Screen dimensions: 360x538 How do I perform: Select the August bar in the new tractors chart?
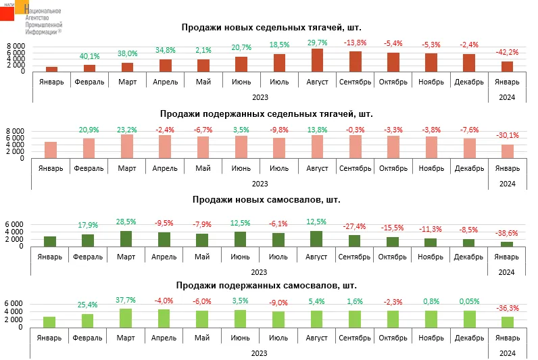click(x=317, y=60)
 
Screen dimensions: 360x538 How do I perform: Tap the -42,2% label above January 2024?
click(x=507, y=52)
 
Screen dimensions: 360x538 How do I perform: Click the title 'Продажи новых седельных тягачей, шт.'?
click(x=271, y=28)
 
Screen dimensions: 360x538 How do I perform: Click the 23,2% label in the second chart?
click(x=127, y=129)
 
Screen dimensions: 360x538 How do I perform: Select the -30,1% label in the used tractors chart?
click(x=507, y=134)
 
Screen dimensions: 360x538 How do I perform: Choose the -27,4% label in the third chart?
click(x=355, y=226)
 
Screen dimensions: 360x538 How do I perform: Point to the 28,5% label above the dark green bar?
click(x=127, y=221)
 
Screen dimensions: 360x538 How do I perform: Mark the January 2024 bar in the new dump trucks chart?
click(x=507, y=244)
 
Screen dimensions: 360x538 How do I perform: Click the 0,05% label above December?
click(x=469, y=302)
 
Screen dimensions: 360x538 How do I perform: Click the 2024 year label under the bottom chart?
click(x=507, y=353)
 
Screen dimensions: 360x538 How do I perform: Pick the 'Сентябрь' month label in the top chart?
click(x=355, y=82)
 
